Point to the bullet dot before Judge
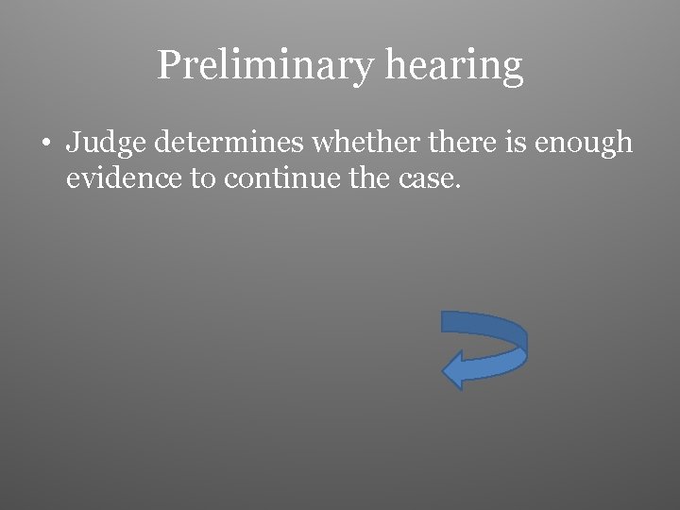coord(46,144)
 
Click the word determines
coord(229,143)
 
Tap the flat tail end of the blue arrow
coord(444,322)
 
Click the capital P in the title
coord(168,64)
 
